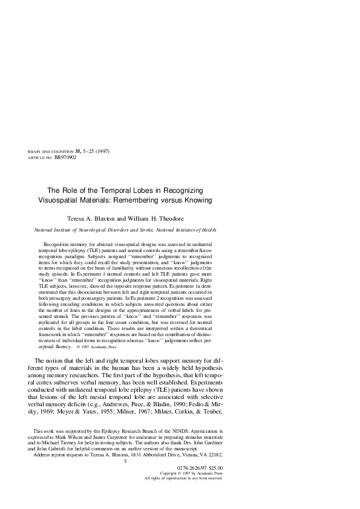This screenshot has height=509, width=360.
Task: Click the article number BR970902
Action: click(65, 157)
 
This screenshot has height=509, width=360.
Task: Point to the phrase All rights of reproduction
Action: click(174, 478)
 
